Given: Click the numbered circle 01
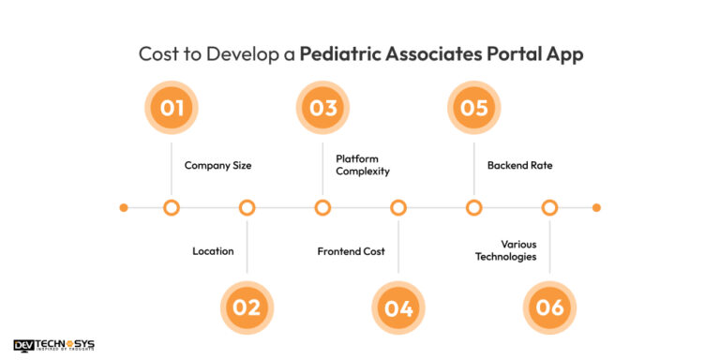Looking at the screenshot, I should (x=172, y=108).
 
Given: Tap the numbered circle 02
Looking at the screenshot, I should (x=247, y=307).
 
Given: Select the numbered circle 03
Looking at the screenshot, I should (x=323, y=108).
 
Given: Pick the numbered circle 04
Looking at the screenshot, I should (x=398, y=307).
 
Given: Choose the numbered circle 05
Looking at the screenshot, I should (x=474, y=108).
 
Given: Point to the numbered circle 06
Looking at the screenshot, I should (x=550, y=307).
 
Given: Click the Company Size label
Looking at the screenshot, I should (x=217, y=166).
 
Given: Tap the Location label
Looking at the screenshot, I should (x=213, y=251).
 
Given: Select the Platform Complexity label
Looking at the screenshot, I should (x=363, y=165).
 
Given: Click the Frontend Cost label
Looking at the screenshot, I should (x=351, y=251).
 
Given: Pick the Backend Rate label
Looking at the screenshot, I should (x=519, y=166).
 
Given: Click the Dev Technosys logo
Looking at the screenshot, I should (x=53, y=345).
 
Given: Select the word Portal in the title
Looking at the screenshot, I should (x=507, y=53).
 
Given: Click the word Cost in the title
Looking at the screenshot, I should (x=160, y=53).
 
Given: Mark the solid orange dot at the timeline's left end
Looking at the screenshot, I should (x=124, y=207).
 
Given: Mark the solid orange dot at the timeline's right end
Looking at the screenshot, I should (x=596, y=207).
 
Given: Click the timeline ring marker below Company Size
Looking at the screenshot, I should (x=172, y=207).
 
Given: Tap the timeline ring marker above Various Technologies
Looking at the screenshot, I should (x=550, y=207).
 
